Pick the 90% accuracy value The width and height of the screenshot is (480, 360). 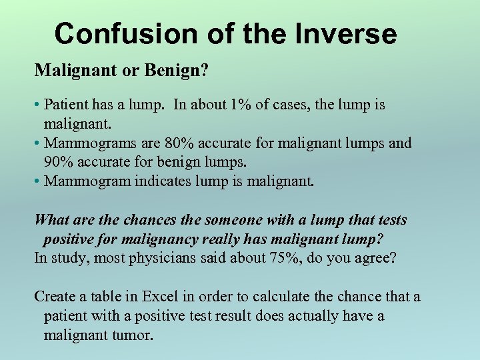(x=57, y=162)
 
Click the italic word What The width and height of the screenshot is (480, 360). (x=51, y=220)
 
